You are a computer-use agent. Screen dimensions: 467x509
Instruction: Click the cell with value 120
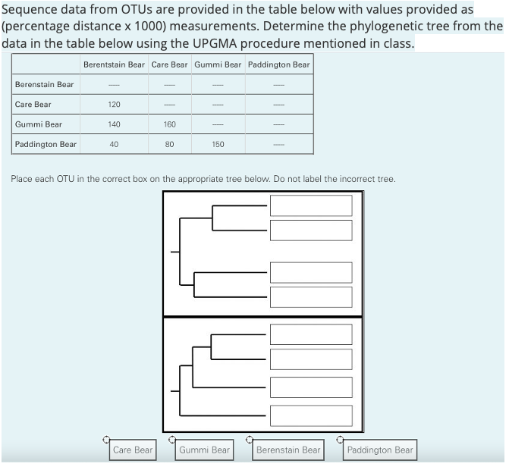tap(114, 104)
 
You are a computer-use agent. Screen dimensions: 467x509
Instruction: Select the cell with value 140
tap(114, 124)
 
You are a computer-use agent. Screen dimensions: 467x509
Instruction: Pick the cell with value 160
tap(169, 124)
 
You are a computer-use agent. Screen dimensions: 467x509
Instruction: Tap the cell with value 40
tap(114, 144)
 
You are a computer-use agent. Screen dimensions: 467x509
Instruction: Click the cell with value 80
tap(169, 144)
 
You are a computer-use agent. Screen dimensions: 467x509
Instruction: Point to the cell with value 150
tap(218, 144)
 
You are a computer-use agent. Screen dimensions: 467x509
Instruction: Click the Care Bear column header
tap(169, 64)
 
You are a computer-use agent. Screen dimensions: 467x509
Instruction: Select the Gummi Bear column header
tap(218, 64)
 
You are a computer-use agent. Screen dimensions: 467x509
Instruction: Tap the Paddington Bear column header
tap(278, 64)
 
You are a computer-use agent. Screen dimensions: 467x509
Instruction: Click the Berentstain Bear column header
tap(114, 64)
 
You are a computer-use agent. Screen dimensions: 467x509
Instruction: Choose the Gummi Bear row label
tap(39, 124)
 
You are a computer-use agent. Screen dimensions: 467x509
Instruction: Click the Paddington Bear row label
tap(46, 144)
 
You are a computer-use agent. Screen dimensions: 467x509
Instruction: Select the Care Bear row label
tap(33, 104)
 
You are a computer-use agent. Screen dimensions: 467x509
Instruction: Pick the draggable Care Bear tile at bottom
tap(132, 450)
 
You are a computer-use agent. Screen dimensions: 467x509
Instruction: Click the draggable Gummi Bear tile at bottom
tap(204, 450)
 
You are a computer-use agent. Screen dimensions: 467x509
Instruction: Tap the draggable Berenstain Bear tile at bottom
tap(288, 450)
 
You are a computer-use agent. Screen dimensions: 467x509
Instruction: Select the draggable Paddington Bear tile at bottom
tap(379, 450)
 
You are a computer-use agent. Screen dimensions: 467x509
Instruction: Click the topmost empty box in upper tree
tap(311, 205)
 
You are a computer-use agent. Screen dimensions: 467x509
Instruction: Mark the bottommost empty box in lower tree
tap(311, 415)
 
